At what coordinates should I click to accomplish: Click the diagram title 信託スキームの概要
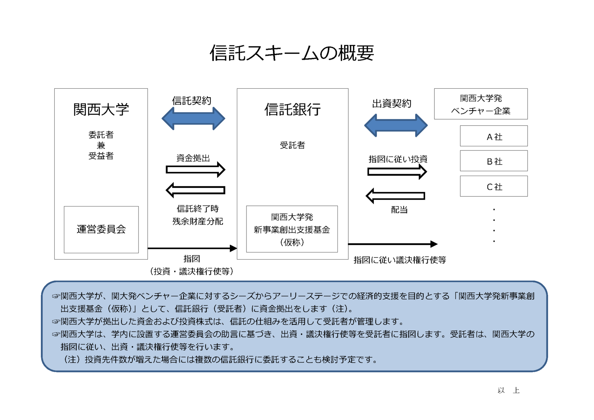tap(292, 53)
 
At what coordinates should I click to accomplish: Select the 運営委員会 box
tap(101, 229)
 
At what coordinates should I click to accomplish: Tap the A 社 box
tap(494, 136)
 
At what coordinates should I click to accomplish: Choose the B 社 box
tap(494, 161)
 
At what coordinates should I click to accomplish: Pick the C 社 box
tap(494, 186)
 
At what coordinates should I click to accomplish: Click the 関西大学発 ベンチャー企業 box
tap(481, 104)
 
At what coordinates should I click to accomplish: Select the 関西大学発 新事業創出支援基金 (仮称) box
tap(292, 229)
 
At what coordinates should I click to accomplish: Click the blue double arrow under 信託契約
tap(193, 118)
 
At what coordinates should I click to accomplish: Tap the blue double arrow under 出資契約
tap(396, 125)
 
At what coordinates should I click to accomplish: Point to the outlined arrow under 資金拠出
tap(195, 169)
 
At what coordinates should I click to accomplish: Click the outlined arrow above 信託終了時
tap(195, 190)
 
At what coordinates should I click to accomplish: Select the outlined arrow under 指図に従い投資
tap(397, 172)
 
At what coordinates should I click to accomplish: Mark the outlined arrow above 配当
tap(395, 196)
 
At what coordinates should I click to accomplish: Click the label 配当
tap(399, 210)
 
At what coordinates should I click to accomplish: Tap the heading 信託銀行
tap(293, 109)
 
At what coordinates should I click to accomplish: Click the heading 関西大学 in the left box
tap(101, 109)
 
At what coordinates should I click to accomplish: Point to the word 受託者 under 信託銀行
tap(293, 145)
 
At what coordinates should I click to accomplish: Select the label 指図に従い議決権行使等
tap(400, 260)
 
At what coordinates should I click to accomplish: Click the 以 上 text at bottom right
tap(509, 390)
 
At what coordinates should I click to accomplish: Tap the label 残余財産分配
tap(198, 221)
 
